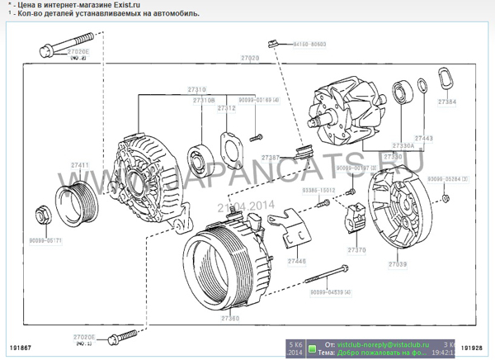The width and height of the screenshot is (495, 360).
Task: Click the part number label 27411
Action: click(79, 165)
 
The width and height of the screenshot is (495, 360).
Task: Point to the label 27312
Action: click(226, 107)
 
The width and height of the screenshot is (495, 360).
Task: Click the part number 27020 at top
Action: click(249, 58)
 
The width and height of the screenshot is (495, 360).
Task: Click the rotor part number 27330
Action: click(394, 156)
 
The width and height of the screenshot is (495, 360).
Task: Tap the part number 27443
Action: click(423, 137)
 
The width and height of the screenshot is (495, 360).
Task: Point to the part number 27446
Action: click(295, 261)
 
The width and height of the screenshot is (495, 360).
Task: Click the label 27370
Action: click(356, 249)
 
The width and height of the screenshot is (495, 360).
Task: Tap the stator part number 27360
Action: click(230, 318)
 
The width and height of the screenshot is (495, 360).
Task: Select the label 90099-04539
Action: click(329, 292)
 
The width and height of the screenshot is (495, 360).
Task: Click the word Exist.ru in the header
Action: click(114, 5)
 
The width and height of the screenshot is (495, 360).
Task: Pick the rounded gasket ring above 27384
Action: click(446, 79)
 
